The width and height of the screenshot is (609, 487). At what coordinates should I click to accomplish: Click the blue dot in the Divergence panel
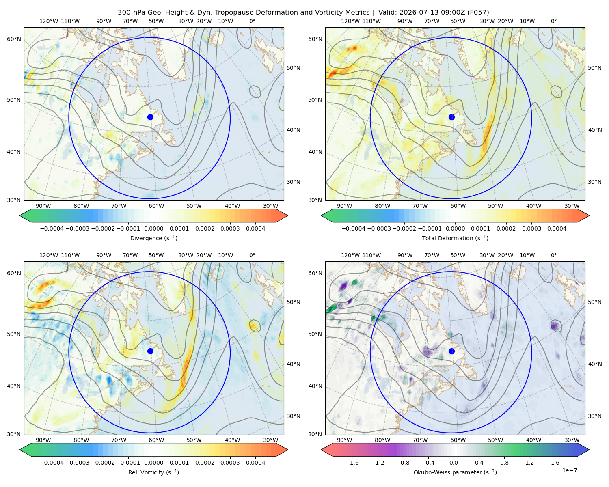[150, 117]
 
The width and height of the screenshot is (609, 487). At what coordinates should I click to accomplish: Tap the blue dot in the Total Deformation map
[451, 117]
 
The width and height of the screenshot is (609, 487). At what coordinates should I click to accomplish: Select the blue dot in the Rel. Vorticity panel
[150, 351]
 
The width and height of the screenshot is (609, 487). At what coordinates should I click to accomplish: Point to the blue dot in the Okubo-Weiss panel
[451, 351]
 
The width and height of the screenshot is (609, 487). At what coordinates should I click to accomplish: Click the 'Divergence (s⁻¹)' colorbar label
[153, 238]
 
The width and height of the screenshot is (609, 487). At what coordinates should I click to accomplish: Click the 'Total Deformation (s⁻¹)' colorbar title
[455, 238]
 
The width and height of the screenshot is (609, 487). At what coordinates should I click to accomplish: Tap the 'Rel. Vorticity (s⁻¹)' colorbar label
[153, 472]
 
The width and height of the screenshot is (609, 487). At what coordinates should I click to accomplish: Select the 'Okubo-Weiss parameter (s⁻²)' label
[455, 472]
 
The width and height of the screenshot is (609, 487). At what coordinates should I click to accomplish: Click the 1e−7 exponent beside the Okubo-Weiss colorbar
[569, 470]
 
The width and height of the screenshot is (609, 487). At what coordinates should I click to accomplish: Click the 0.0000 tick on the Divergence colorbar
[153, 228]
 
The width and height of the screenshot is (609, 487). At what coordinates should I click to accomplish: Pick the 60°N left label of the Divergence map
[14, 39]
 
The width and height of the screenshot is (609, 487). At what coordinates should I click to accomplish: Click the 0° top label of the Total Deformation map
[553, 21]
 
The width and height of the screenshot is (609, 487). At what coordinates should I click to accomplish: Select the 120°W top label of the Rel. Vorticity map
[49, 255]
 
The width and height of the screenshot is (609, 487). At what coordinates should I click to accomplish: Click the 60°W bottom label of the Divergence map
[156, 206]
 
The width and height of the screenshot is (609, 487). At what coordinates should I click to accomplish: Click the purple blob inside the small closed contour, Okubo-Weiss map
[555, 326]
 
